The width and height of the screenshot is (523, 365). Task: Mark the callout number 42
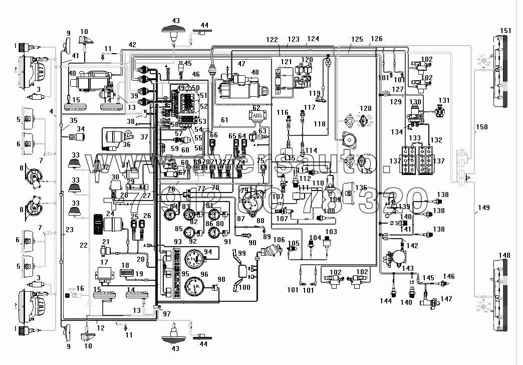[131, 45]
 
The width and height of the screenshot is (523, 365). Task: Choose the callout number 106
[279, 240]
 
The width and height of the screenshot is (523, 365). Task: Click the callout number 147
[446, 299]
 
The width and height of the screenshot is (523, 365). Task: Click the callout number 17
[104, 262]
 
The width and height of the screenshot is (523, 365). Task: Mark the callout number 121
[286, 62]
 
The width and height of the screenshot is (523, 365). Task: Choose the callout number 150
[481, 127]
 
